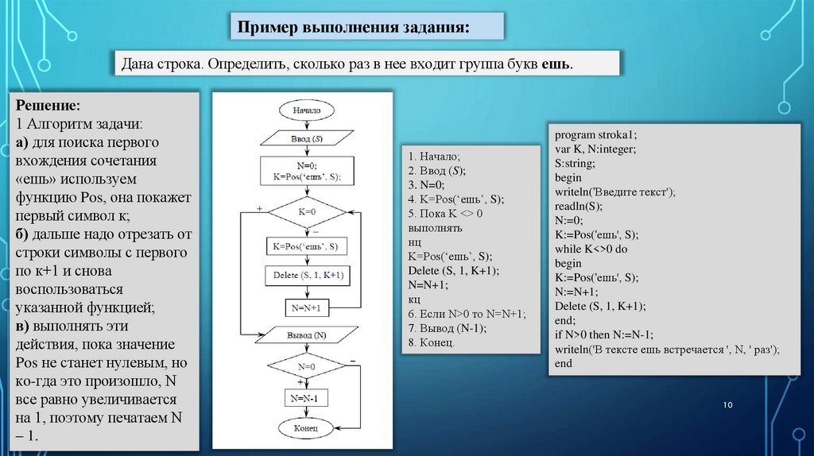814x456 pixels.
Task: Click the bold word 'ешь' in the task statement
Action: tap(556, 63)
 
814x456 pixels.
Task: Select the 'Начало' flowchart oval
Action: tap(306, 110)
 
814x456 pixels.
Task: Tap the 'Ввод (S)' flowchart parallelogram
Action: tap(306, 139)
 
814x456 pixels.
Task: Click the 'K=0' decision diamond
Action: tap(306, 212)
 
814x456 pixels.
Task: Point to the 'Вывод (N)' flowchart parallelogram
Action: tap(306, 335)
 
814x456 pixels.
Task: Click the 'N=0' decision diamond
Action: tap(306, 367)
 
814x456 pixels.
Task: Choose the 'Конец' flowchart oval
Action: tap(306, 428)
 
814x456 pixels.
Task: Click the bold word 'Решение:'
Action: tap(47, 106)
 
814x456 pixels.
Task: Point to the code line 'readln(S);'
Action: tap(579, 204)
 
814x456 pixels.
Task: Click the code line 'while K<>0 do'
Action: tap(593, 249)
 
